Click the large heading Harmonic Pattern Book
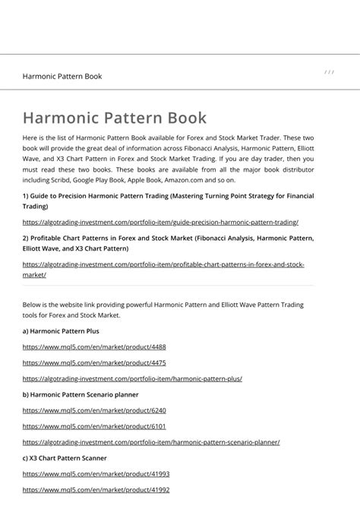(x=114, y=119)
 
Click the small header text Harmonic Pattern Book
(x=62, y=76)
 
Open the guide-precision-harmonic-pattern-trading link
(x=160, y=222)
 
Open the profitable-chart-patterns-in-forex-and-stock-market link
(x=163, y=264)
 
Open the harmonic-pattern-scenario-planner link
(x=151, y=442)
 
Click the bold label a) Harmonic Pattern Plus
(x=61, y=331)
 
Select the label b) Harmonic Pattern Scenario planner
(x=81, y=395)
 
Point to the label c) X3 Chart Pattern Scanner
(x=65, y=458)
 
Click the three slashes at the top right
(x=329, y=72)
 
